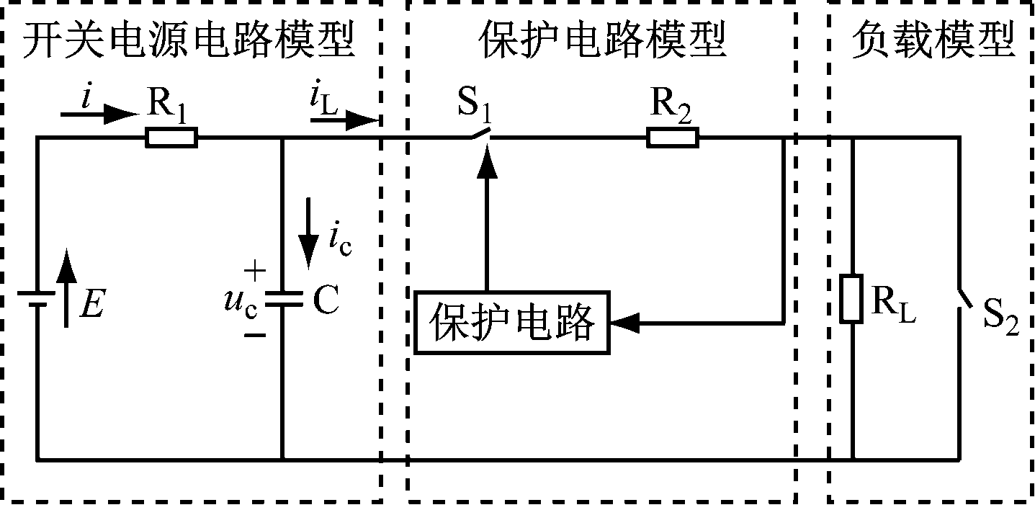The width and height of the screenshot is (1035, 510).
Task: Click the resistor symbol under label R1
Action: pyautogui.click(x=171, y=137)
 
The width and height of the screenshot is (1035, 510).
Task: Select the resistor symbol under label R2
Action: pyautogui.click(x=672, y=137)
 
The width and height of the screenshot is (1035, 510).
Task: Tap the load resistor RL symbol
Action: pyautogui.click(x=851, y=297)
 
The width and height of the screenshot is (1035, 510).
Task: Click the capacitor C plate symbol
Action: pyautogui.click(x=282, y=298)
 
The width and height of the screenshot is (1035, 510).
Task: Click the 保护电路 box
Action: pyautogui.click(x=511, y=322)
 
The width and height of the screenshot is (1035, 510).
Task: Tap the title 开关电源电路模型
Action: pyautogui.click(x=189, y=42)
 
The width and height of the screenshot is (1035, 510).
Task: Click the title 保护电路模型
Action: pyautogui.click(x=601, y=42)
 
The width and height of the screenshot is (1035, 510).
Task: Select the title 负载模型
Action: pyautogui.click(x=933, y=42)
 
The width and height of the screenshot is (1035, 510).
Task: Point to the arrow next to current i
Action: pyautogui.click(x=98, y=114)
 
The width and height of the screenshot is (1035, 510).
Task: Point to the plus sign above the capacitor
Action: pyautogui.click(x=254, y=272)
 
